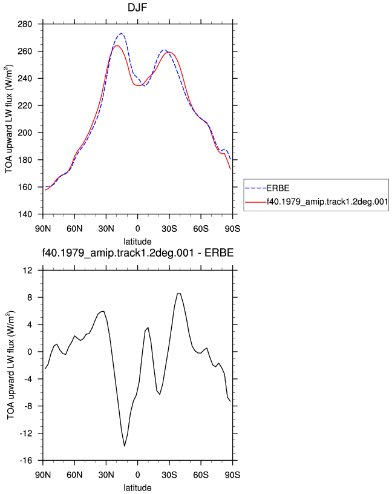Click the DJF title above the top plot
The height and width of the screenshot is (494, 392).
[137, 7]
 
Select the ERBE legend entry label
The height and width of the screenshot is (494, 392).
[278, 188]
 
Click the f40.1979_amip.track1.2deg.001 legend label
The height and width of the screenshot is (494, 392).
[327, 202]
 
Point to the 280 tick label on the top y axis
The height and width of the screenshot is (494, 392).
[25, 24]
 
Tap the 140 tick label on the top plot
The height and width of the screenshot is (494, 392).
[25, 214]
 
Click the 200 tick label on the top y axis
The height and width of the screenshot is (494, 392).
[25, 133]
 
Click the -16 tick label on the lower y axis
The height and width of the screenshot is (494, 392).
[26, 461]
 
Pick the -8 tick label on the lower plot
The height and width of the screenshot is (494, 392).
[28, 406]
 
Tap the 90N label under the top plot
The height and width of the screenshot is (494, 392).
[43, 228]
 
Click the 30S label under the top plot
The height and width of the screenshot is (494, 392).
[169, 228]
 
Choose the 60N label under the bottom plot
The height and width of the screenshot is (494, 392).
[74, 475]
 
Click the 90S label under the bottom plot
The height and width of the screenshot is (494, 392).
[232, 475]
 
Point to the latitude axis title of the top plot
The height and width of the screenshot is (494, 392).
[137, 242]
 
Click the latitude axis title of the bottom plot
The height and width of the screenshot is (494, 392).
[137, 488]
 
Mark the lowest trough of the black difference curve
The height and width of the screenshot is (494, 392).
[125, 446]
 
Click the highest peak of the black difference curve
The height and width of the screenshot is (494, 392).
[179, 293]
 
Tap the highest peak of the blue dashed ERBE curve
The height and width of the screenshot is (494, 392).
[121, 33]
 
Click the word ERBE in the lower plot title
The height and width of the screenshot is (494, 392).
[219, 252]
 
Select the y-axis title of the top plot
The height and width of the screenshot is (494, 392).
[9, 119]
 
